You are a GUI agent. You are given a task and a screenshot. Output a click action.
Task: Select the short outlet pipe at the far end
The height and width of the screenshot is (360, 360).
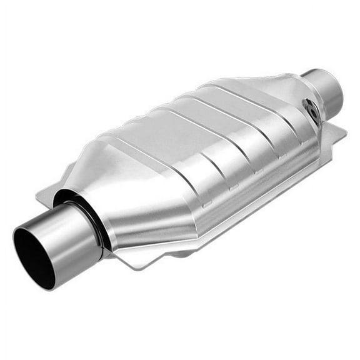tap(325, 91)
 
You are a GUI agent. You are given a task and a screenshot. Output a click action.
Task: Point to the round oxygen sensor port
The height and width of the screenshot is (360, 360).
tap(311, 110)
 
